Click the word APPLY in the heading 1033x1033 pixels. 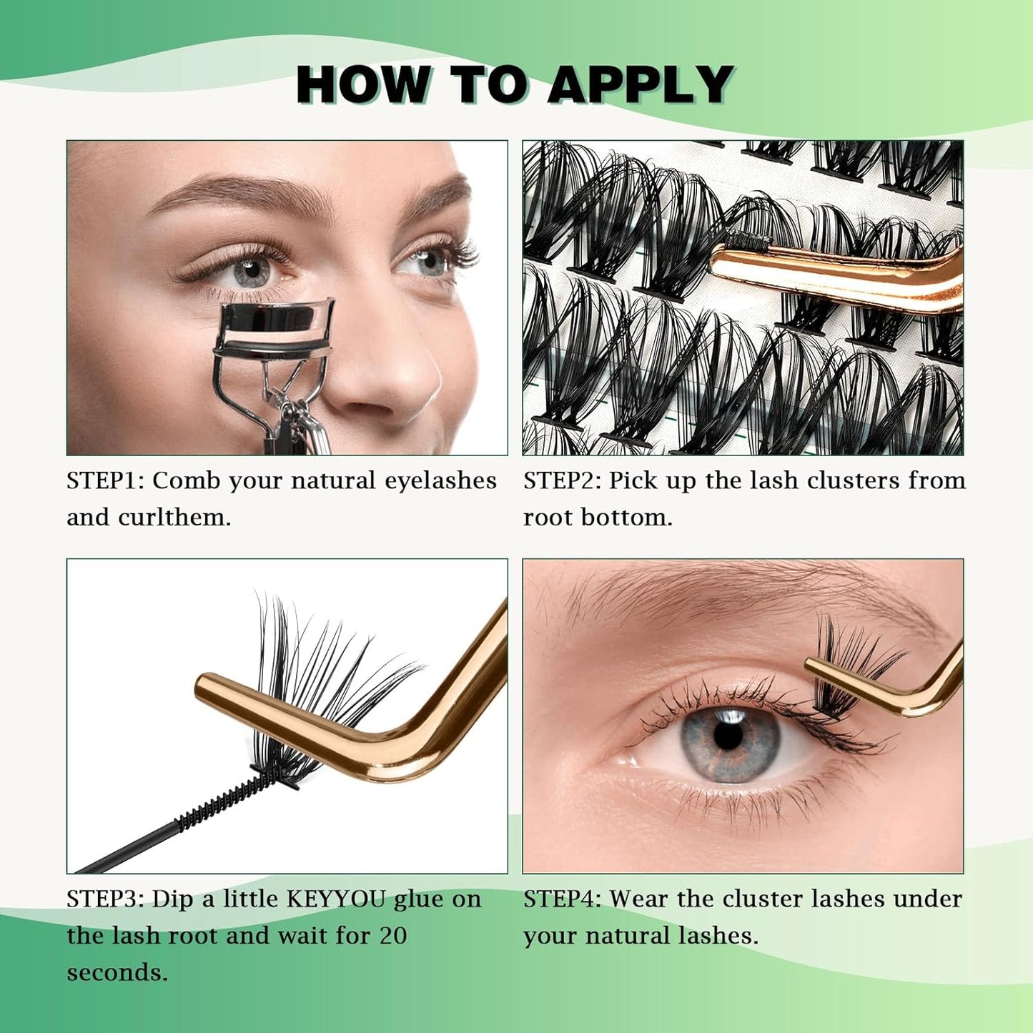click(x=641, y=85)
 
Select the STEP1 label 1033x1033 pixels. click(x=106, y=480)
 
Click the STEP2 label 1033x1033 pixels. click(x=563, y=480)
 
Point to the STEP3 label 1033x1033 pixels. click(x=106, y=899)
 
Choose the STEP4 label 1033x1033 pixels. click(x=563, y=899)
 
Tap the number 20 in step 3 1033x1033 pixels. click(x=393, y=936)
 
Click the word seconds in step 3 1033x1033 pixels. click(x=117, y=973)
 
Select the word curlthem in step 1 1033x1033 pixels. click(x=174, y=518)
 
